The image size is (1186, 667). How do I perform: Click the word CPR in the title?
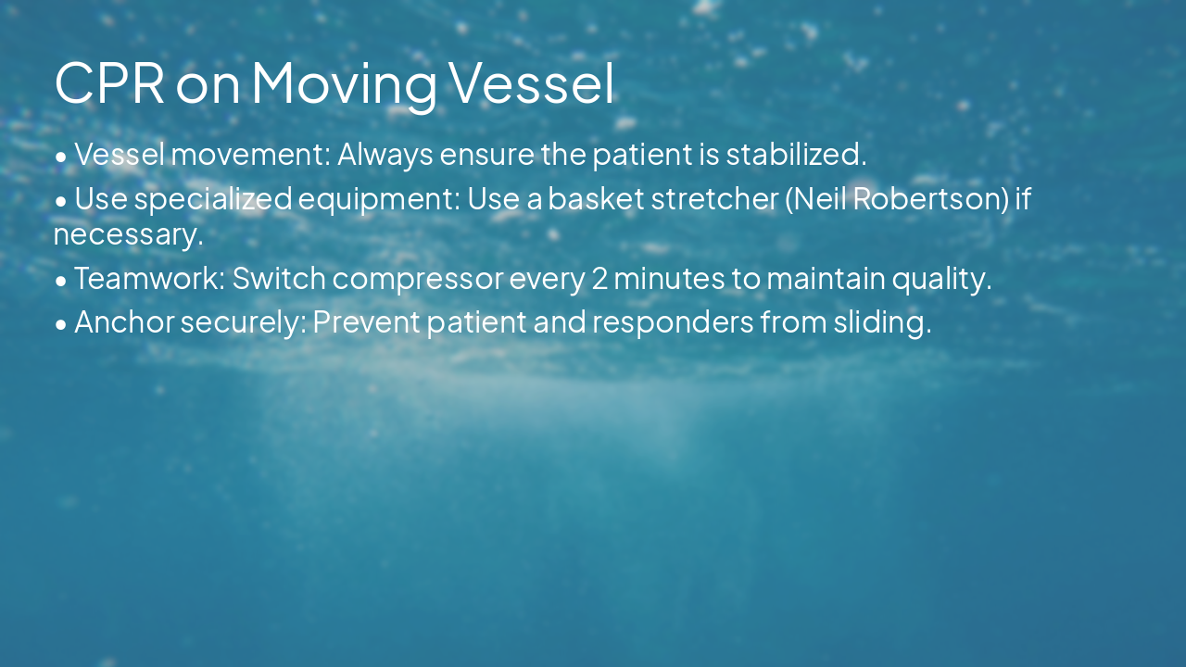pyautogui.click(x=109, y=82)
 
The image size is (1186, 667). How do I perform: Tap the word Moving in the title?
pyautogui.click(x=344, y=82)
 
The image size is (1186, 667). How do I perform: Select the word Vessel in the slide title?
pyautogui.click(x=532, y=82)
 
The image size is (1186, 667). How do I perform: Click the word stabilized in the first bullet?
pyautogui.click(x=796, y=154)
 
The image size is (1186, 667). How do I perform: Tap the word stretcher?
pyautogui.click(x=713, y=198)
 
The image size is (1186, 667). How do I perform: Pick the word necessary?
pyautogui.click(x=128, y=234)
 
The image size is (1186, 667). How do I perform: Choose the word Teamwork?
pyautogui.click(x=149, y=278)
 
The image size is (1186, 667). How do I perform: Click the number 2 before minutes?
pyautogui.click(x=599, y=278)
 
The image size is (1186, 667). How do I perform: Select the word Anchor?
pyautogui.click(x=123, y=321)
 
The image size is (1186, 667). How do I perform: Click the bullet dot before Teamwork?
pyautogui.click(x=61, y=279)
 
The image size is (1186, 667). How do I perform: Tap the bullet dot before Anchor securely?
pyautogui.click(x=61, y=323)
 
